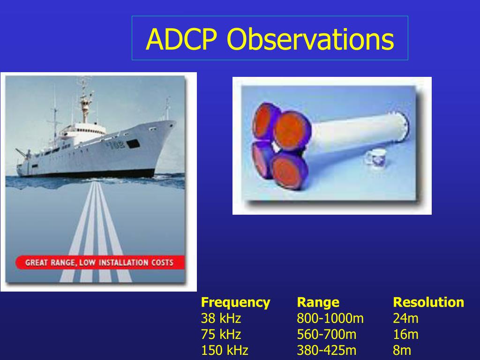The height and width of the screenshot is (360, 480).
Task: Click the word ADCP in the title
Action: click(181, 39)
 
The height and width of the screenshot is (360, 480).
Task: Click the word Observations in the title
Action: click(310, 39)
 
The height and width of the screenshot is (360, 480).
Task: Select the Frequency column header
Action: click(235, 302)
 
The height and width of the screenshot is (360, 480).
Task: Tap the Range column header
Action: click(318, 302)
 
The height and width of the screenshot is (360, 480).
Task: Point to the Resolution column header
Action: click(428, 302)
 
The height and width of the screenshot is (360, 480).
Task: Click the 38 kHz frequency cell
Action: click(221, 318)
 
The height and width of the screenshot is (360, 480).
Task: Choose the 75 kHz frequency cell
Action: click(221, 334)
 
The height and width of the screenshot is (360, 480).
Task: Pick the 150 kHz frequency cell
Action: click(225, 350)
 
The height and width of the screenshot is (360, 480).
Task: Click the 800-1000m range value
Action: click(330, 318)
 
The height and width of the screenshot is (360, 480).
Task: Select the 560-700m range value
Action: click(326, 334)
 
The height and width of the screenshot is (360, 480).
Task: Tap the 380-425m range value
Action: click(326, 350)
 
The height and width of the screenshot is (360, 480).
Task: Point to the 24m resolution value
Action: click(405, 318)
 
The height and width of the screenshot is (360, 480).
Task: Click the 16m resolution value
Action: click(405, 334)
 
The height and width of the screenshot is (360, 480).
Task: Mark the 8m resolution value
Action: click(402, 350)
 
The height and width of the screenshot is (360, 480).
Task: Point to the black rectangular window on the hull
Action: click(133, 143)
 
